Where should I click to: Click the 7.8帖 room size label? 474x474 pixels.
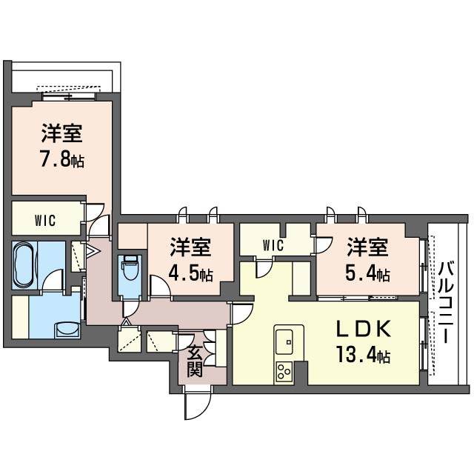click(x=62, y=160)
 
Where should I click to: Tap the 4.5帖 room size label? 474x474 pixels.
click(x=191, y=274)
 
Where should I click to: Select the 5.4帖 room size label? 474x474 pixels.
click(x=367, y=274)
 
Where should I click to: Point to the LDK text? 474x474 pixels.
click(x=364, y=329)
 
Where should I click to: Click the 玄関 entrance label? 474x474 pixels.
click(x=194, y=361)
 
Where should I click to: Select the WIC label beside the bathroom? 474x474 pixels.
click(x=45, y=221)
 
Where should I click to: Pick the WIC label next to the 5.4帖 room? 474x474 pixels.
click(x=273, y=245)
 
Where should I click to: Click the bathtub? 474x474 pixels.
click(x=24, y=265)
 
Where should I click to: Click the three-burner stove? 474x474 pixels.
click(x=284, y=372)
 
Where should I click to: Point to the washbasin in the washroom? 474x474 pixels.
click(x=67, y=330)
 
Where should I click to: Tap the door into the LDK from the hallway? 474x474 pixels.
click(x=241, y=314)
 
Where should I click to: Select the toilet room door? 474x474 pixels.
click(x=130, y=309)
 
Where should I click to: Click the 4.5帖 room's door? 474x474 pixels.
click(x=161, y=287)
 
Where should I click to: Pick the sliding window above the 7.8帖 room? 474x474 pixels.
click(x=69, y=97)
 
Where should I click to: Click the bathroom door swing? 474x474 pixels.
click(x=53, y=281)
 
